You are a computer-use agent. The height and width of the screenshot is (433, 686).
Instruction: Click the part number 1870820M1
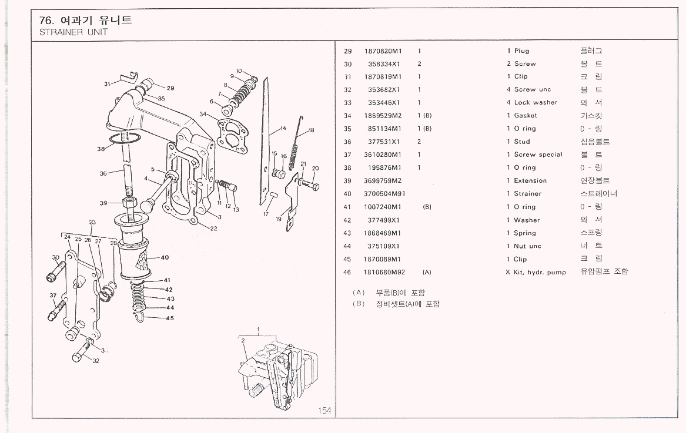click(x=383, y=51)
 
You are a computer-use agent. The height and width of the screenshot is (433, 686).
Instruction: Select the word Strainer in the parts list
click(x=527, y=194)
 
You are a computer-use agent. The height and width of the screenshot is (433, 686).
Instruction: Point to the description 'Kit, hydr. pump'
click(x=540, y=272)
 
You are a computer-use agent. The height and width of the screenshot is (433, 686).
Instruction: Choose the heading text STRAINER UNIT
click(x=73, y=32)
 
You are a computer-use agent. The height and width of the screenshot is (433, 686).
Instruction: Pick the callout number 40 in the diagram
click(x=165, y=257)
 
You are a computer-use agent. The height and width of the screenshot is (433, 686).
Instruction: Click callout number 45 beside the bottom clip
click(x=169, y=318)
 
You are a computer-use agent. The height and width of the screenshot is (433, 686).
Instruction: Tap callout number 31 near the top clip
click(x=107, y=83)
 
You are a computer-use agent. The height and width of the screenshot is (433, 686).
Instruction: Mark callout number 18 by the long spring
click(x=311, y=130)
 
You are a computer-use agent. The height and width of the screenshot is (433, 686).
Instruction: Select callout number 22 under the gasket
click(x=214, y=229)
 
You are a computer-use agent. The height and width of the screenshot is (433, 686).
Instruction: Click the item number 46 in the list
click(x=347, y=272)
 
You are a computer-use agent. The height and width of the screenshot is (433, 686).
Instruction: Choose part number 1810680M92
click(x=384, y=272)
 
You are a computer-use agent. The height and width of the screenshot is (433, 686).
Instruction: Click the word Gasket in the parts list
click(x=526, y=116)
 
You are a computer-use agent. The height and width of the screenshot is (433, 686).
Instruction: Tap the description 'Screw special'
click(x=538, y=155)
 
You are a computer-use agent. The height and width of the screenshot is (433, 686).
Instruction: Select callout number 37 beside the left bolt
click(x=52, y=295)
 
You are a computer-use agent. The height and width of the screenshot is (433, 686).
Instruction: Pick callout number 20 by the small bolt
click(x=315, y=169)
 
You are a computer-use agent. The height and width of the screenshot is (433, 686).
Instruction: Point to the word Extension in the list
click(x=530, y=181)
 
